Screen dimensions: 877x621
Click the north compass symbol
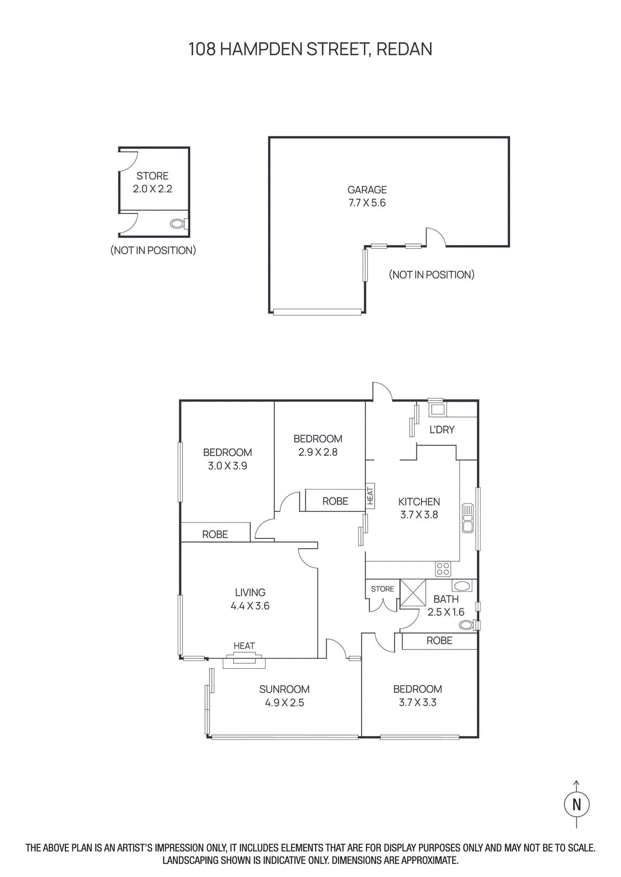click(577, 804)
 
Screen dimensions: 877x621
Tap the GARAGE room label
click(367, 190)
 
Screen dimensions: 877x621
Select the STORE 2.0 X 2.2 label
click(153, 182)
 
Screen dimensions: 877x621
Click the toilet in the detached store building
click(178, 224)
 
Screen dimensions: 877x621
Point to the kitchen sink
click(467, 518)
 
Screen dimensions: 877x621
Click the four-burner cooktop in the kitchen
click(443, 568)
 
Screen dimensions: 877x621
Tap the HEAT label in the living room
click(244, 646)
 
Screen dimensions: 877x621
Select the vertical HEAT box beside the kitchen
click(370, 496)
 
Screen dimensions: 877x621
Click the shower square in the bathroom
click(413, 593)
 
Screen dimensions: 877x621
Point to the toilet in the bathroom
click(467, 624)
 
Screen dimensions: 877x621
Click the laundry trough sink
click(437, 409)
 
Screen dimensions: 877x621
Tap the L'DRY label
click(442, 430)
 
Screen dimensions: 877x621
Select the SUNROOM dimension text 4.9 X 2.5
click(284, 703)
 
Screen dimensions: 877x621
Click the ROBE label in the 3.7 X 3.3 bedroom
click(439, 640)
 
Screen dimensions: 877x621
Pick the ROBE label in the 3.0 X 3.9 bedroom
click(215, 534)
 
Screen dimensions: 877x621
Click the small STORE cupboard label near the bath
click(382, 589)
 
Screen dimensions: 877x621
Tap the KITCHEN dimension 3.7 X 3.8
click(419, 515)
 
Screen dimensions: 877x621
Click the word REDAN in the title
click(404, 49)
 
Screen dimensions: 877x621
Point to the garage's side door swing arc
click(436, 236)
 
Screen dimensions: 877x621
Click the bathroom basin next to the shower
click(462, 586)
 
